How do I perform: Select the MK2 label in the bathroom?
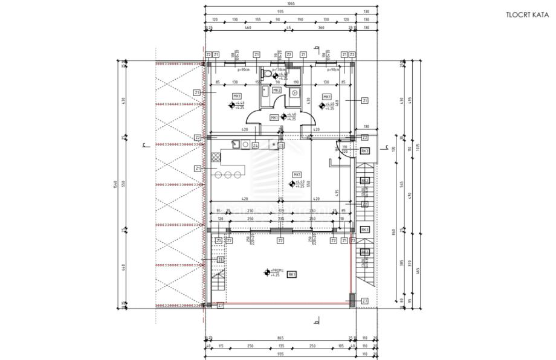(x=276, y=90)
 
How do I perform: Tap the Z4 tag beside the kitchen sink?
(x=256, y=146)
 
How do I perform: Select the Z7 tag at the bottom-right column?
(x=364, y=300)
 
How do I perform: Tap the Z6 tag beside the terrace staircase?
(x=221, y=260)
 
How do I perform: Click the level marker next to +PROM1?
(x=266, y=272)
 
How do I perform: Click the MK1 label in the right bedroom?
(x=326, y=97)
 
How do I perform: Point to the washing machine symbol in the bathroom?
(x=294, y=93)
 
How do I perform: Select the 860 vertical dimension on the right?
(x=393, y=232)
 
